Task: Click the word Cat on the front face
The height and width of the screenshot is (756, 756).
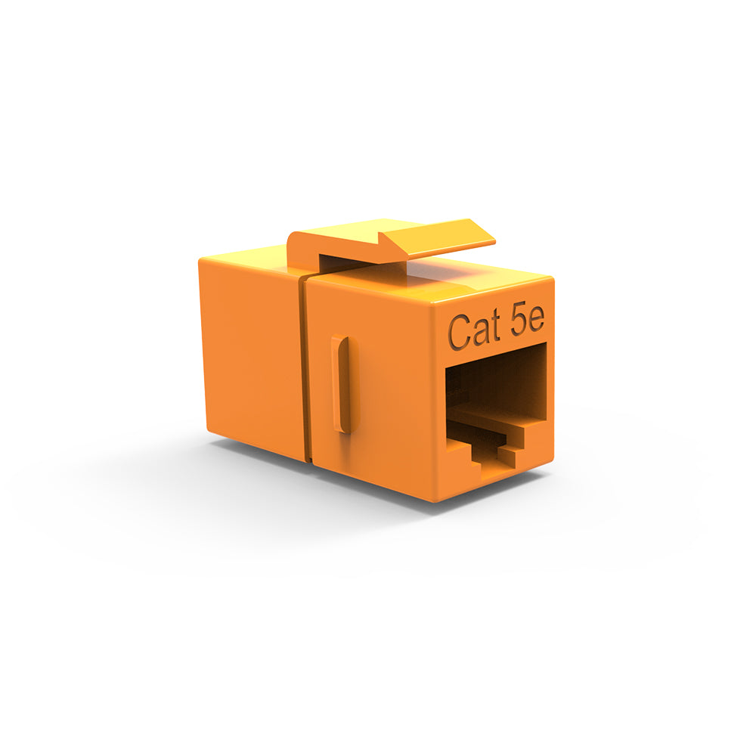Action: point(473,331)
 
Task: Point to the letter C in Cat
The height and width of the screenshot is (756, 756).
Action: point(459,332)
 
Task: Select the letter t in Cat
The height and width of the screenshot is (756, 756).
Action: point(494,328)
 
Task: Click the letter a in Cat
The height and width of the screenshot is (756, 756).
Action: point(480,333)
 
